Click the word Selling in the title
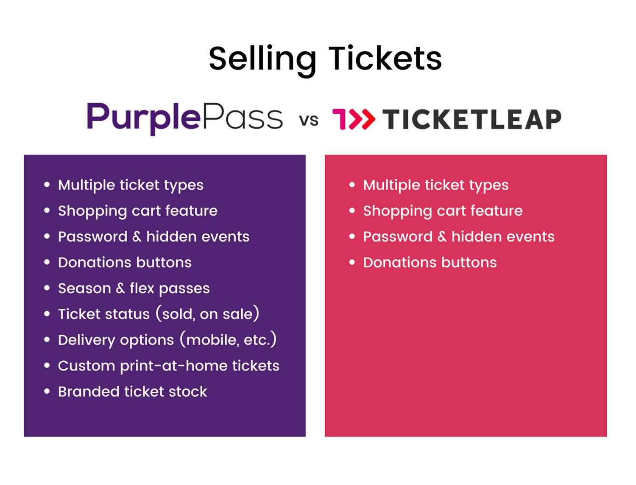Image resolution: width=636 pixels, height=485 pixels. pos(262,59)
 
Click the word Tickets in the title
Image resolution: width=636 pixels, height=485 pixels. pos(385,59)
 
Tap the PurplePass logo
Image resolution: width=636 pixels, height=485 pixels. pos(184,118)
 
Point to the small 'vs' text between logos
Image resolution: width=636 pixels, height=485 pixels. pos(309,120)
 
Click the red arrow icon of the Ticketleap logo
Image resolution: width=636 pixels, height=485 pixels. pos(354,119)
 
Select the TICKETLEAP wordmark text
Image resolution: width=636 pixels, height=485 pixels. pos(472,119)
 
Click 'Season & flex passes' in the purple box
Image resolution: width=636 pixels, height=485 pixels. pos(134,289)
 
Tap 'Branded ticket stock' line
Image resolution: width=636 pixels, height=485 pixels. pos(132,392)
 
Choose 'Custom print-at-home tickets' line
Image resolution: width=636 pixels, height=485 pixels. pos(168,366)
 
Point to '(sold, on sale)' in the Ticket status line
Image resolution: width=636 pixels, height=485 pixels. pos(207,314)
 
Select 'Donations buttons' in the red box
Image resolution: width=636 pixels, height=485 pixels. pos(430,263)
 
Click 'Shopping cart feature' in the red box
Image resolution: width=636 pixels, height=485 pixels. pos(443,211)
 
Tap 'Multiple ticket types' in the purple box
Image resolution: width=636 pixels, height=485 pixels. pos(131,185)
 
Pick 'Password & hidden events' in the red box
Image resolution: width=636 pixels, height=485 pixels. pos(458,237)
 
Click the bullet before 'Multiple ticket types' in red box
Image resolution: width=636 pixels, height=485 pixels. pos(352,185)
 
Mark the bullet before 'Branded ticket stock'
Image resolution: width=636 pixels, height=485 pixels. pos(47,391)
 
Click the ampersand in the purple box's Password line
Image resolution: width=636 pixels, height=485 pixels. pos(137,237)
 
